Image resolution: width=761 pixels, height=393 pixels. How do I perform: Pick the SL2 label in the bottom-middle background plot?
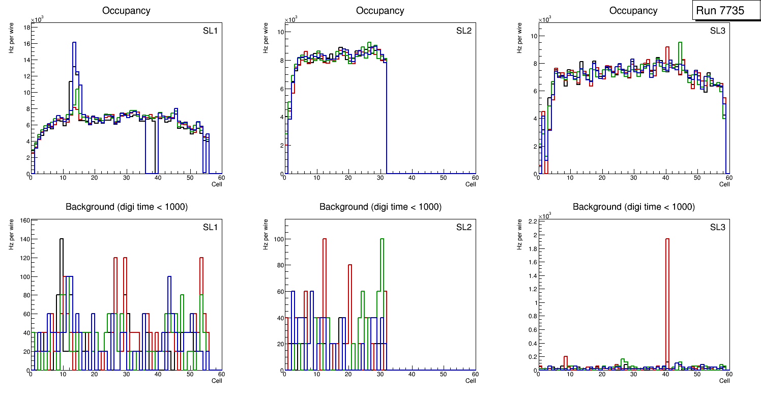464,227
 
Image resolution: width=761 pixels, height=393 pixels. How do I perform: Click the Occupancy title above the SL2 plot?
380,11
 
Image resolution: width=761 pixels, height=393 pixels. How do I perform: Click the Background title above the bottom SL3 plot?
633,207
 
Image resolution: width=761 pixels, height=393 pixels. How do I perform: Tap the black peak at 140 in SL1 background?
62,239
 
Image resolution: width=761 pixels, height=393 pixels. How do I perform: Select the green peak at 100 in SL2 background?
382,239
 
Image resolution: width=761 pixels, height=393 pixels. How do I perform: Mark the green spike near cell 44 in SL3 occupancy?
680,43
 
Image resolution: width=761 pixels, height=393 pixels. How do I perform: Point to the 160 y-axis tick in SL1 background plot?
23,221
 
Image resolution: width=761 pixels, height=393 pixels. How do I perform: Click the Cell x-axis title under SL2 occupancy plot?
471,184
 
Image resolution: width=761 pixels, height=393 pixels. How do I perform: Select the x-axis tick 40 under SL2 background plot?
412,375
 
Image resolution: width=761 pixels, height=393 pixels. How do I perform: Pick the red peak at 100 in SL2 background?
324,239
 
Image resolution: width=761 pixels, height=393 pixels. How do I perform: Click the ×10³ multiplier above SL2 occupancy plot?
290,20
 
